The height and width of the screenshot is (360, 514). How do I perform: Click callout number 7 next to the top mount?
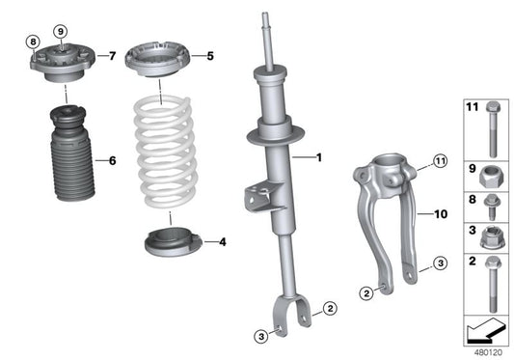tap(115, 56)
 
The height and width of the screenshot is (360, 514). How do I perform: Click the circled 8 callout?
tap(32, 43)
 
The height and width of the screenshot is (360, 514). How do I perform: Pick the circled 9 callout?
tap(61, 32)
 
